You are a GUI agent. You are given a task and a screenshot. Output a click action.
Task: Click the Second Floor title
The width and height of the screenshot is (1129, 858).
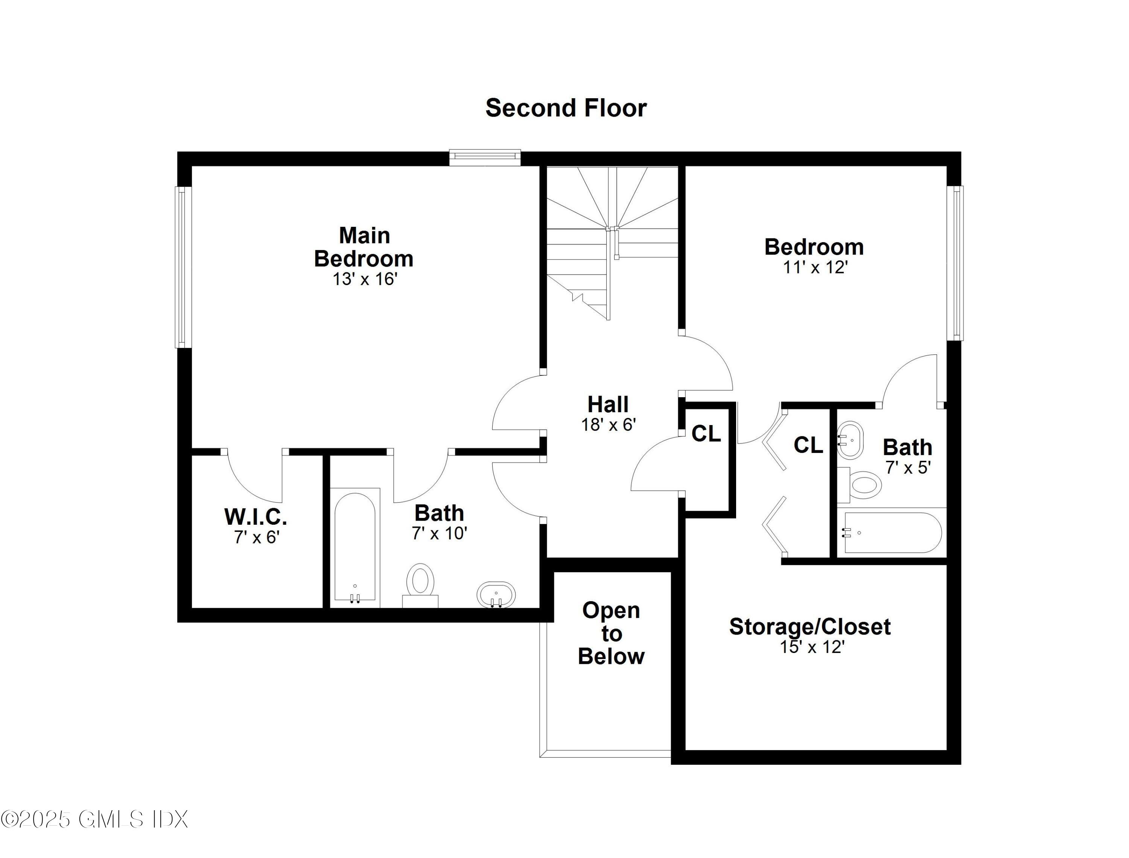tap(566, 108)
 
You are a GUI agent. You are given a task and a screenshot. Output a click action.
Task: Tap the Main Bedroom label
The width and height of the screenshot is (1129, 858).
tap(364, 247)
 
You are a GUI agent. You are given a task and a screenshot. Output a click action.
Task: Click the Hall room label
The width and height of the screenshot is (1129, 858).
tap(607, 404)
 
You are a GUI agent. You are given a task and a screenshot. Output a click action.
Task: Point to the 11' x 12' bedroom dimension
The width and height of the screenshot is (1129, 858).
tap(816, 267)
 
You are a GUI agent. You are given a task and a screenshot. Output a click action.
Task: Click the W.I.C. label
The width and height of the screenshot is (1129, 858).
tap(256, 517)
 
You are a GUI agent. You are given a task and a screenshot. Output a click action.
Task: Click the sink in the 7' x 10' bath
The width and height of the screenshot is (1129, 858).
tap(496, 594)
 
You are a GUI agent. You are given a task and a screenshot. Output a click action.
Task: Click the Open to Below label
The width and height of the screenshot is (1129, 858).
tap(611, 633)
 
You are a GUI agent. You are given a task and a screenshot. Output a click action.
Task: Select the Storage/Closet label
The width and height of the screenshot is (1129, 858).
tap(810, 627)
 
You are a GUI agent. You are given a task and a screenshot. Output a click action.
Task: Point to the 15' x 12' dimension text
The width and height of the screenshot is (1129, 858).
tap(812, 647)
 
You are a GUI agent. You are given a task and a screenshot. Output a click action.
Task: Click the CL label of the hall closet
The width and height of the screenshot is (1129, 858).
tap(706, 434)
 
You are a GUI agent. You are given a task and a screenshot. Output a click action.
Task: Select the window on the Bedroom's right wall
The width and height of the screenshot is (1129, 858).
tap(955, 263)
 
